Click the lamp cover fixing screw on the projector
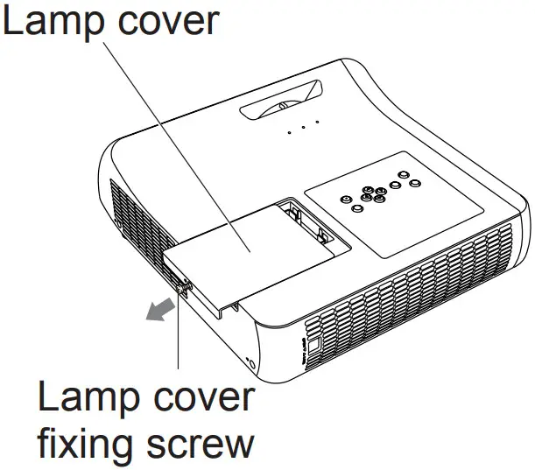click(x=182, y=285)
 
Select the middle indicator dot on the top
click(x=304, y=128)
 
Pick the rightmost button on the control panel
click(x=415, y=182)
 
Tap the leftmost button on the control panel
click(x=358, y=208)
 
